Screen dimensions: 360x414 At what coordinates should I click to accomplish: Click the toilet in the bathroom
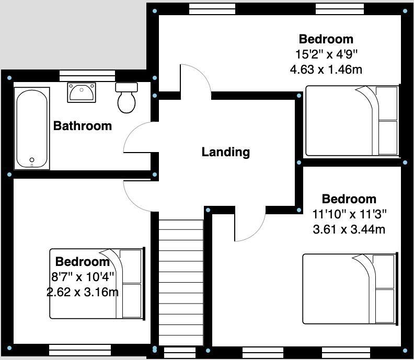pyautogui.click(x=126, y=98)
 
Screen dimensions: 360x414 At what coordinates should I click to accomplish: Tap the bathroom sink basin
pyautogui.click(x=81, y=92)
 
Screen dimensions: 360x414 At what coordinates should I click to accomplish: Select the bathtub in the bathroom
pyautogui.click(x=32, y=128)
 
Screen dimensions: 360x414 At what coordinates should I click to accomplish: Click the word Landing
pyautogui.click(x=226, y=152)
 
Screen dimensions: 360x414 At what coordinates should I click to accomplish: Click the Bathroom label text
pyautogui.click(x=83, y=125)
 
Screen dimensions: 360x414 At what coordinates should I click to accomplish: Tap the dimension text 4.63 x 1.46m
pyautogui.click(x=326, y=68)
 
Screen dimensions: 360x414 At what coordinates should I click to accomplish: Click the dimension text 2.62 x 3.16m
pyautogui.click(x=83, y=292)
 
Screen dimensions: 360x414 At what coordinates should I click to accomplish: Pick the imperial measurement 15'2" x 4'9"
pyautogui.click(x=326, y=54)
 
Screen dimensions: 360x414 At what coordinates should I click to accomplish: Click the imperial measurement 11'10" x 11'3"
pyautogui.click(x=349, y=214)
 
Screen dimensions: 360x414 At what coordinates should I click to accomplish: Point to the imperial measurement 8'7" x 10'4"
pyautogui.click(x=83, y=276)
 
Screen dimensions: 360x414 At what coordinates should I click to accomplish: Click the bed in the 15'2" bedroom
pyautogui.click(x=351, y=121)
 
